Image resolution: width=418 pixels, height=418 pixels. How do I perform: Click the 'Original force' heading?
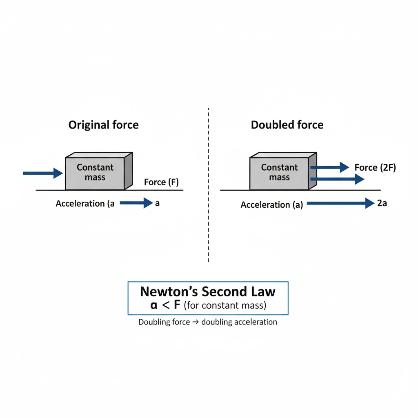103,125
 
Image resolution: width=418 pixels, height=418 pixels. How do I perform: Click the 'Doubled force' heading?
287,125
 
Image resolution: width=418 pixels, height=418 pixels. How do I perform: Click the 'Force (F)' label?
161,182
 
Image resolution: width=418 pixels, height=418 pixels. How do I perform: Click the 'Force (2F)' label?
375,167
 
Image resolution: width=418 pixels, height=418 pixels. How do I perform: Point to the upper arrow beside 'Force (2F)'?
330,167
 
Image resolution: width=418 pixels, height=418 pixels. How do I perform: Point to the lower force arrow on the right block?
337,179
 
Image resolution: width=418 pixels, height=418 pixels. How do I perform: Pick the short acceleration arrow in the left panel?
136,203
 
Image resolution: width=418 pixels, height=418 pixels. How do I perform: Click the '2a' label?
382,203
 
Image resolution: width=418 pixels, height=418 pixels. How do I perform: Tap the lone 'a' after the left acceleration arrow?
158,203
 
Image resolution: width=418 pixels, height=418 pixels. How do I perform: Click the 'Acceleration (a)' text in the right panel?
271,205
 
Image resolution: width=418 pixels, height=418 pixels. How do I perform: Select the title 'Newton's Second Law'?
208,292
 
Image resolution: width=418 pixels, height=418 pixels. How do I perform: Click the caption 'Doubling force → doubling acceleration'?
208,322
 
